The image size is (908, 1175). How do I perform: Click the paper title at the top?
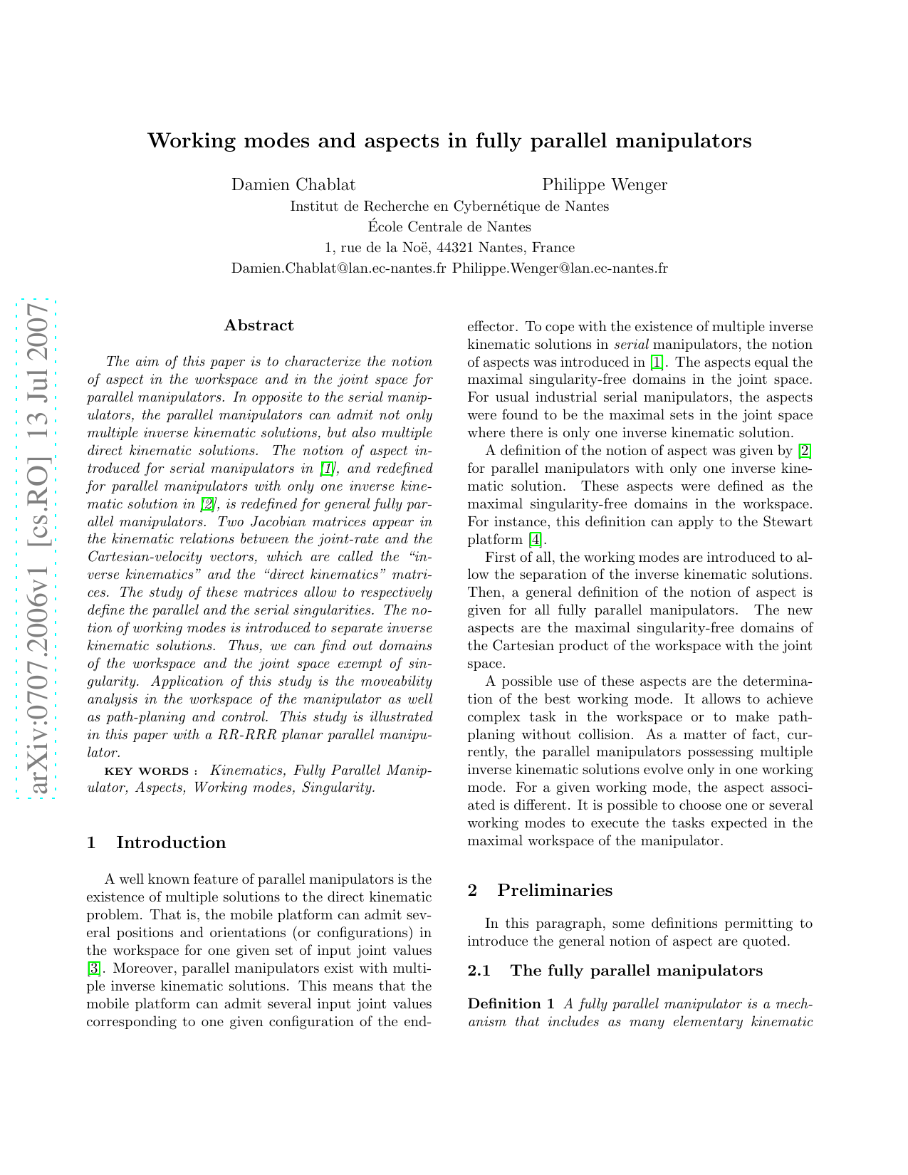tap(449, 141)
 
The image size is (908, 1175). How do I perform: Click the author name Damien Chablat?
tap(293, 185)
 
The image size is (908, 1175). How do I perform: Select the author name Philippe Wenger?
tap(605, 185)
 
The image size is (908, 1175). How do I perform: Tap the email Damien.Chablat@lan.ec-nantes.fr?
tap(339, 268)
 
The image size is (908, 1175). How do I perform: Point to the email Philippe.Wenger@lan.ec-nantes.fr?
tap(560, 268)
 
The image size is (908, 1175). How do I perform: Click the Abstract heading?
tap(259, 325)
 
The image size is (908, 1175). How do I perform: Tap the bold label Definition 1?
tap(511, 1004)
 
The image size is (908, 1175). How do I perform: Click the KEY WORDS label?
tap(146, 771)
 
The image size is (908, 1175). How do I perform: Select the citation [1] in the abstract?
tap(327, 469)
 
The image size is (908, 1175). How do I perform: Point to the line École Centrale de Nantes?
tap(449, 227)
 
